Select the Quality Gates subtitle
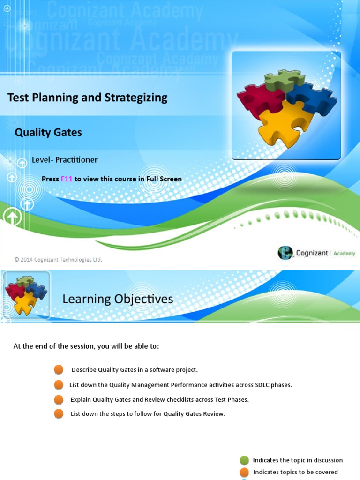(48, 133)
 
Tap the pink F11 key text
(67, 179)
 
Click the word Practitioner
(76, 160)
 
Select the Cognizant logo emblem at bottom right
(285, 253)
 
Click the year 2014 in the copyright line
(27, 260)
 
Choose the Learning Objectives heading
(118, 299)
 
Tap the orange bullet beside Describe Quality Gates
(59, 370)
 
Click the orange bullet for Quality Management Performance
(59, 385)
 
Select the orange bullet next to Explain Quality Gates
(59, 399)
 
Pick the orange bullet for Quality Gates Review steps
(59, 414)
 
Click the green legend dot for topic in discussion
(244, 460)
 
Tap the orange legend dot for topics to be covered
(244, 472)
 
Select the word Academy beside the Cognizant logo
(345, 254)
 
